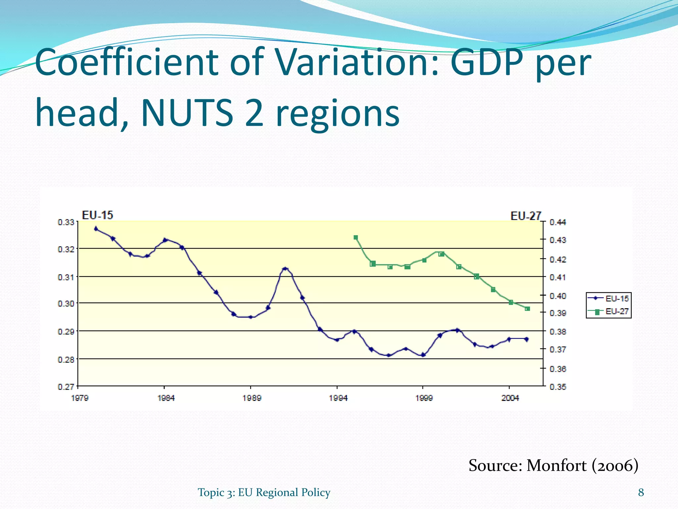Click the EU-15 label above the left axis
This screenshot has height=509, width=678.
97,215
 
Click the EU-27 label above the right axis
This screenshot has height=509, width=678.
526,216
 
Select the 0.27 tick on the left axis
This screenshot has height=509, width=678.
66,387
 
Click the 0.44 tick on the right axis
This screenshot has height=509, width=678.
558,222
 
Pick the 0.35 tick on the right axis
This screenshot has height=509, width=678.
558,387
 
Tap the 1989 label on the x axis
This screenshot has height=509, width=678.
252,398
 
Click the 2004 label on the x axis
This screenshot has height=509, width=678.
510,398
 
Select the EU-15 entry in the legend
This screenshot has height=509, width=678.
608,299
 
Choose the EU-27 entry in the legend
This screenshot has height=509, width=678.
608,311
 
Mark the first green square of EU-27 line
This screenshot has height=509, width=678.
356,238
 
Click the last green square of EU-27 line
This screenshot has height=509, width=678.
528,309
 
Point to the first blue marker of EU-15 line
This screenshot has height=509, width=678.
96,229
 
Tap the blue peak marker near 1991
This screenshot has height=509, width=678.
285,269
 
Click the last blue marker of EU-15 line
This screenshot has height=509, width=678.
527,339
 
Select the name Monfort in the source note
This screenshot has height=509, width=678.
556,466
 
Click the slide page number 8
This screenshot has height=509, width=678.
641,492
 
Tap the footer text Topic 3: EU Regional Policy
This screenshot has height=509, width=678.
264,492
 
